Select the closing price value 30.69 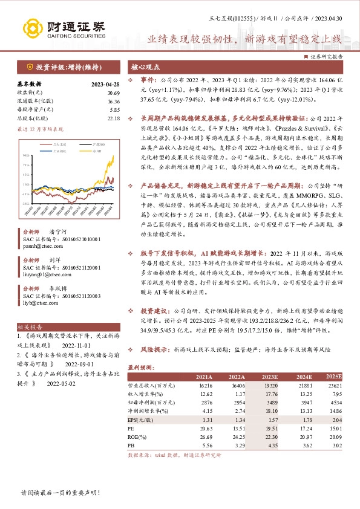113,92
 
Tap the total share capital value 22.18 113,119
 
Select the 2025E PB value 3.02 333,446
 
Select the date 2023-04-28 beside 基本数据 105,84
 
